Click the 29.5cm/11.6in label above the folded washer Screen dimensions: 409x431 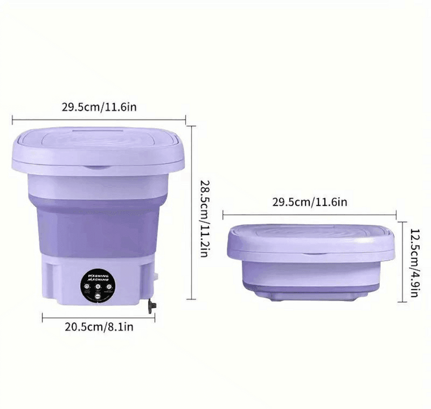310,203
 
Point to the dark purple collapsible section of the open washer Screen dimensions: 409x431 97,229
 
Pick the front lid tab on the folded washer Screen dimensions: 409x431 311,252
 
